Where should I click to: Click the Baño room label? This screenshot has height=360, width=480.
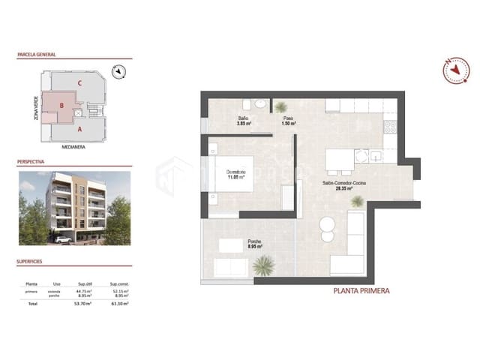pyautogui.click(x=243, y=118)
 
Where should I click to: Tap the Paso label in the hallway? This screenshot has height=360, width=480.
pyautogui.click(x=288, y=118)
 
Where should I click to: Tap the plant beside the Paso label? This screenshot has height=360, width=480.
pyautogui.click(x=280, y=106)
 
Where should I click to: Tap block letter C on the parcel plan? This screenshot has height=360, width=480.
pyautogui.click(x=79, y=82)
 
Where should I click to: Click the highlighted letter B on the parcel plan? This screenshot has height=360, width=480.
pyautogui.click(x=62, y=106)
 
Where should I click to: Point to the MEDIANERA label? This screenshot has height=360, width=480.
pyautogui.click(x=73, y=147)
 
